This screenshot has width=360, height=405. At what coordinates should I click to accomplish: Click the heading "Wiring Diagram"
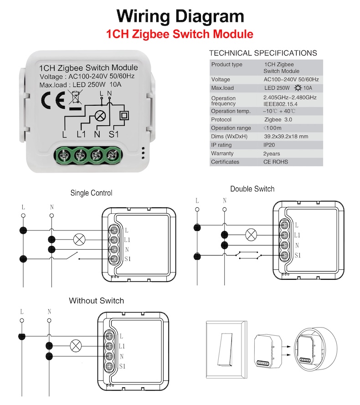tap(180, 16)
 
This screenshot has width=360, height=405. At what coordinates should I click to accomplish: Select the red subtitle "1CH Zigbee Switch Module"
tap(180, 34)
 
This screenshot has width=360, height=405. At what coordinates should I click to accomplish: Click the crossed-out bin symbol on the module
tap(74, 97)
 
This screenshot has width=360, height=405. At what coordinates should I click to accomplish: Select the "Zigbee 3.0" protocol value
tap(278, 119)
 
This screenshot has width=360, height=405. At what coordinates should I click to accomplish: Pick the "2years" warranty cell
tap(272, 154)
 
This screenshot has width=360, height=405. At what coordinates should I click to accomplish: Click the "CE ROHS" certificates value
tap(275, 162)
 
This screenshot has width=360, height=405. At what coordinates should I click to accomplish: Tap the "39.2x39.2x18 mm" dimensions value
tap(286, 136)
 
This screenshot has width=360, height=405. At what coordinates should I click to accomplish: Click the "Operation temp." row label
tap(231, 111)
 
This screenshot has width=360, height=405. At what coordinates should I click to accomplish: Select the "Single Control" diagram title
tap(91, 193)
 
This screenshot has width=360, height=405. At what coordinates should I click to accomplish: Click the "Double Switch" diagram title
tap(252, 189)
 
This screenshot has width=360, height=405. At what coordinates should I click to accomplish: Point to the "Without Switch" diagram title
tap(96, 301)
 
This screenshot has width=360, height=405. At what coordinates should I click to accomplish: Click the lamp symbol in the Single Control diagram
tap(80, 239)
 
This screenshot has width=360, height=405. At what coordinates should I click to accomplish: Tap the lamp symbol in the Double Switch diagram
tap(251, 235)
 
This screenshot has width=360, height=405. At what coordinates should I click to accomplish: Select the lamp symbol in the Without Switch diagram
tap(75, 346)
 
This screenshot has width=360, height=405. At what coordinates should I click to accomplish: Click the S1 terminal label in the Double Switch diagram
tap(298, 255)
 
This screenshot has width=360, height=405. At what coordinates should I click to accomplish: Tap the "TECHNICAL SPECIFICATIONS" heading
tap(263, 53)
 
